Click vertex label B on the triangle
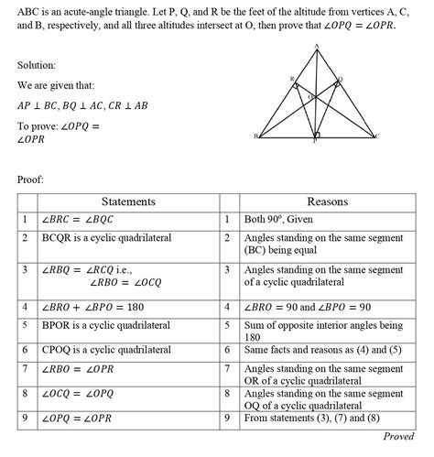point(256,136)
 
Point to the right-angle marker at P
point(316,135)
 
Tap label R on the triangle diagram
point(292,81)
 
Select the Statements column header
point(127,201)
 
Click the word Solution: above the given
point(41,67)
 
